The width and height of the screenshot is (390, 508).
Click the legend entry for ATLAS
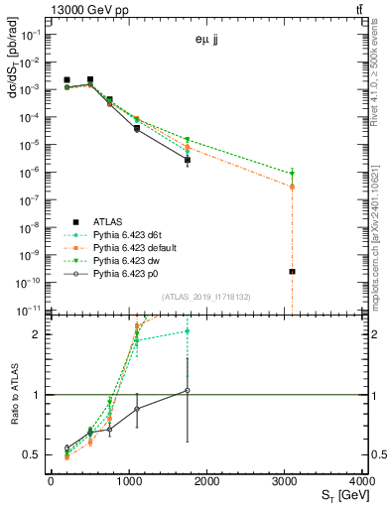108,221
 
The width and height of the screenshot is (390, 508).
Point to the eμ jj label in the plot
208,41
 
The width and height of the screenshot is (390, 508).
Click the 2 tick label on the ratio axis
40,334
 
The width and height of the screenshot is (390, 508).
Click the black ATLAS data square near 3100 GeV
292,271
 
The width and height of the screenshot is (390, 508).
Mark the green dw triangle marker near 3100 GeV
292,174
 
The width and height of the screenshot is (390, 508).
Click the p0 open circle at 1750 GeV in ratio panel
187,390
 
